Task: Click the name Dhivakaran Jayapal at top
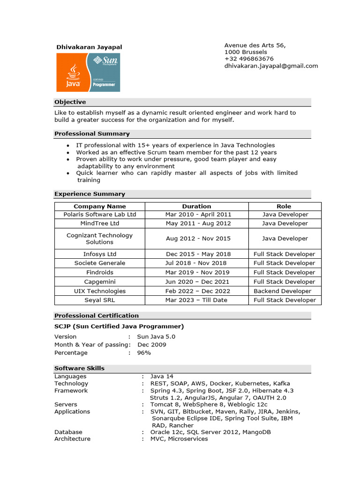pos(89,47)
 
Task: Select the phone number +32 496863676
pos(249,59)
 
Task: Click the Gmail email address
pos(271,66)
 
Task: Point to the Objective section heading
pos(70,102)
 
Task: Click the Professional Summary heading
pos(92,134)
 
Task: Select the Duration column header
pos(196,206)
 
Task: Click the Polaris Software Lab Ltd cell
pos(99,214)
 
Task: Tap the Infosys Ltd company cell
pos(99,254)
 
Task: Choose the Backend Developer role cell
pos(282,291)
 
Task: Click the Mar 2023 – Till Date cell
pos(196,300)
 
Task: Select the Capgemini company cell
pos(99,282)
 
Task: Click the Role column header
pos(284,206)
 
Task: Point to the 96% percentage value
pos(144,352)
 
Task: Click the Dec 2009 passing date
pos(151,345)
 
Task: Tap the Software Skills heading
pos(79,368)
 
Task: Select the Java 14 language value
pos(162,376)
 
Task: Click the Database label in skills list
pos(68,432)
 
